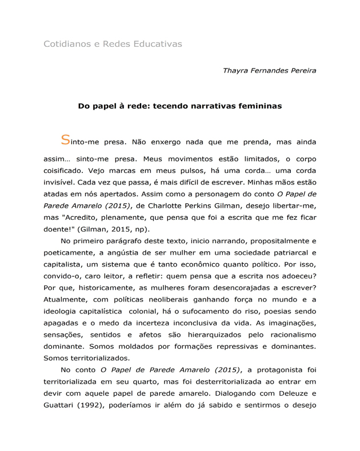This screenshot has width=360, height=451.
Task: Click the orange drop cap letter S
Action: tap(65, 140)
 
